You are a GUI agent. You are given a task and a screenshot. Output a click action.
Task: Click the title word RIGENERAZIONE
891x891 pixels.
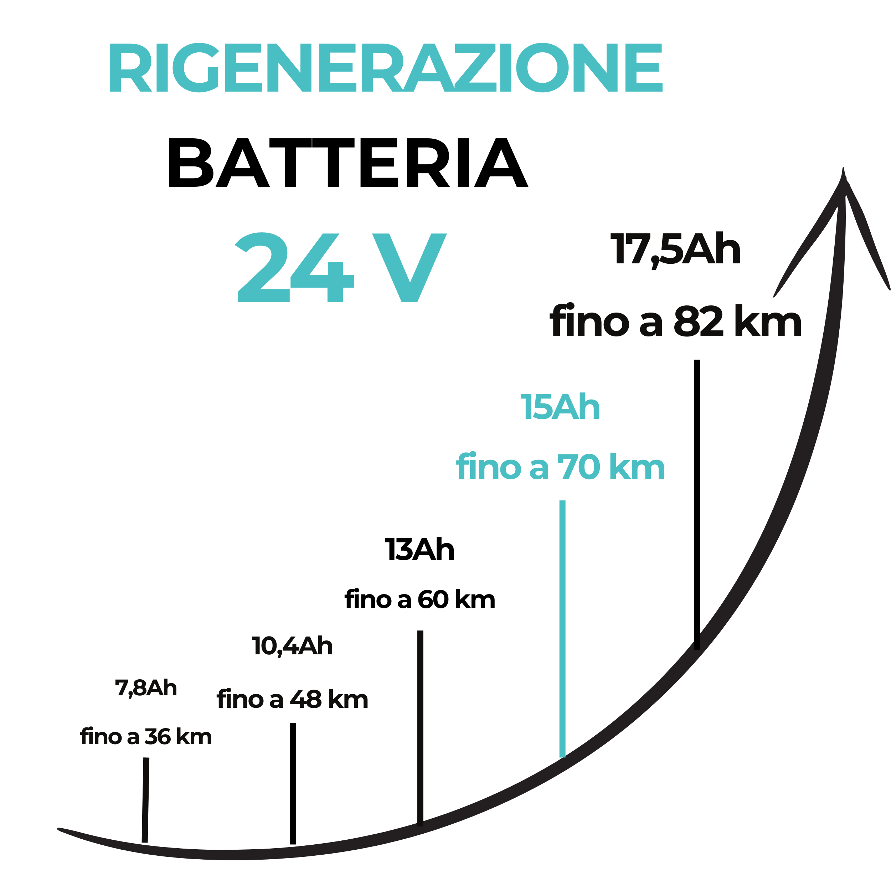[386, 67]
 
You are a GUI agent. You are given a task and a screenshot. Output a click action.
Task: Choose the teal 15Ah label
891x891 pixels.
[560, 406]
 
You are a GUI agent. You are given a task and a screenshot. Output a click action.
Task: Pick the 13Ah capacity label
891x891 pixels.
[420, 549]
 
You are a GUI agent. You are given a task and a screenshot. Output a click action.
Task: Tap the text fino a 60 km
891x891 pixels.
[420, 599]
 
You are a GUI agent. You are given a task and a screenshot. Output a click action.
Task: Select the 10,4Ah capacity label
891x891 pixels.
[292, 646]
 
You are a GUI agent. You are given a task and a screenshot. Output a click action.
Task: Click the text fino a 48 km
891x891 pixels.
[292, 699]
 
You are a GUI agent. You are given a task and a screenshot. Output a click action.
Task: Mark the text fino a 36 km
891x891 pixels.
[146, 737]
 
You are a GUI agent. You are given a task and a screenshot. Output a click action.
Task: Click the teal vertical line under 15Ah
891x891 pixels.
[562, 629]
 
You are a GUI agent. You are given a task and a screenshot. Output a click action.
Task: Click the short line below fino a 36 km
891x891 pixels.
[145, 800]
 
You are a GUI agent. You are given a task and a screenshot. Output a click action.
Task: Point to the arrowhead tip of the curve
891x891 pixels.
[843, 168]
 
